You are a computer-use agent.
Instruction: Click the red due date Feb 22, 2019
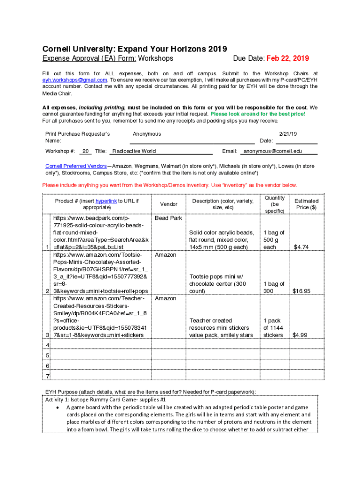(288, 58)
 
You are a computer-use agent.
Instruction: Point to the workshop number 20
(86, 151)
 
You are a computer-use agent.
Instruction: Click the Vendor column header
(169, 204)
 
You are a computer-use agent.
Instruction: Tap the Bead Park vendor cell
(168, 218)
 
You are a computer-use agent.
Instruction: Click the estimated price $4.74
(301, 247)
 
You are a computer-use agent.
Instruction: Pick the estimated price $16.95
(301, 291)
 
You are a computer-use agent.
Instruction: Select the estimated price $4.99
(301, 335)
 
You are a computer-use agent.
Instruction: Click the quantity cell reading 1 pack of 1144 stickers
(273, 327)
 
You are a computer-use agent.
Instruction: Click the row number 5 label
(47, 355)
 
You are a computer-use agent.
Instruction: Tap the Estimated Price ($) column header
(306, 204)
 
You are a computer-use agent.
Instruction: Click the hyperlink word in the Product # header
(106, 201)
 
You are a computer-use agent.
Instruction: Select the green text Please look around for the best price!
(258, 114)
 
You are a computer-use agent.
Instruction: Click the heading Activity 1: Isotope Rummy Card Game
(105, 399)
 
